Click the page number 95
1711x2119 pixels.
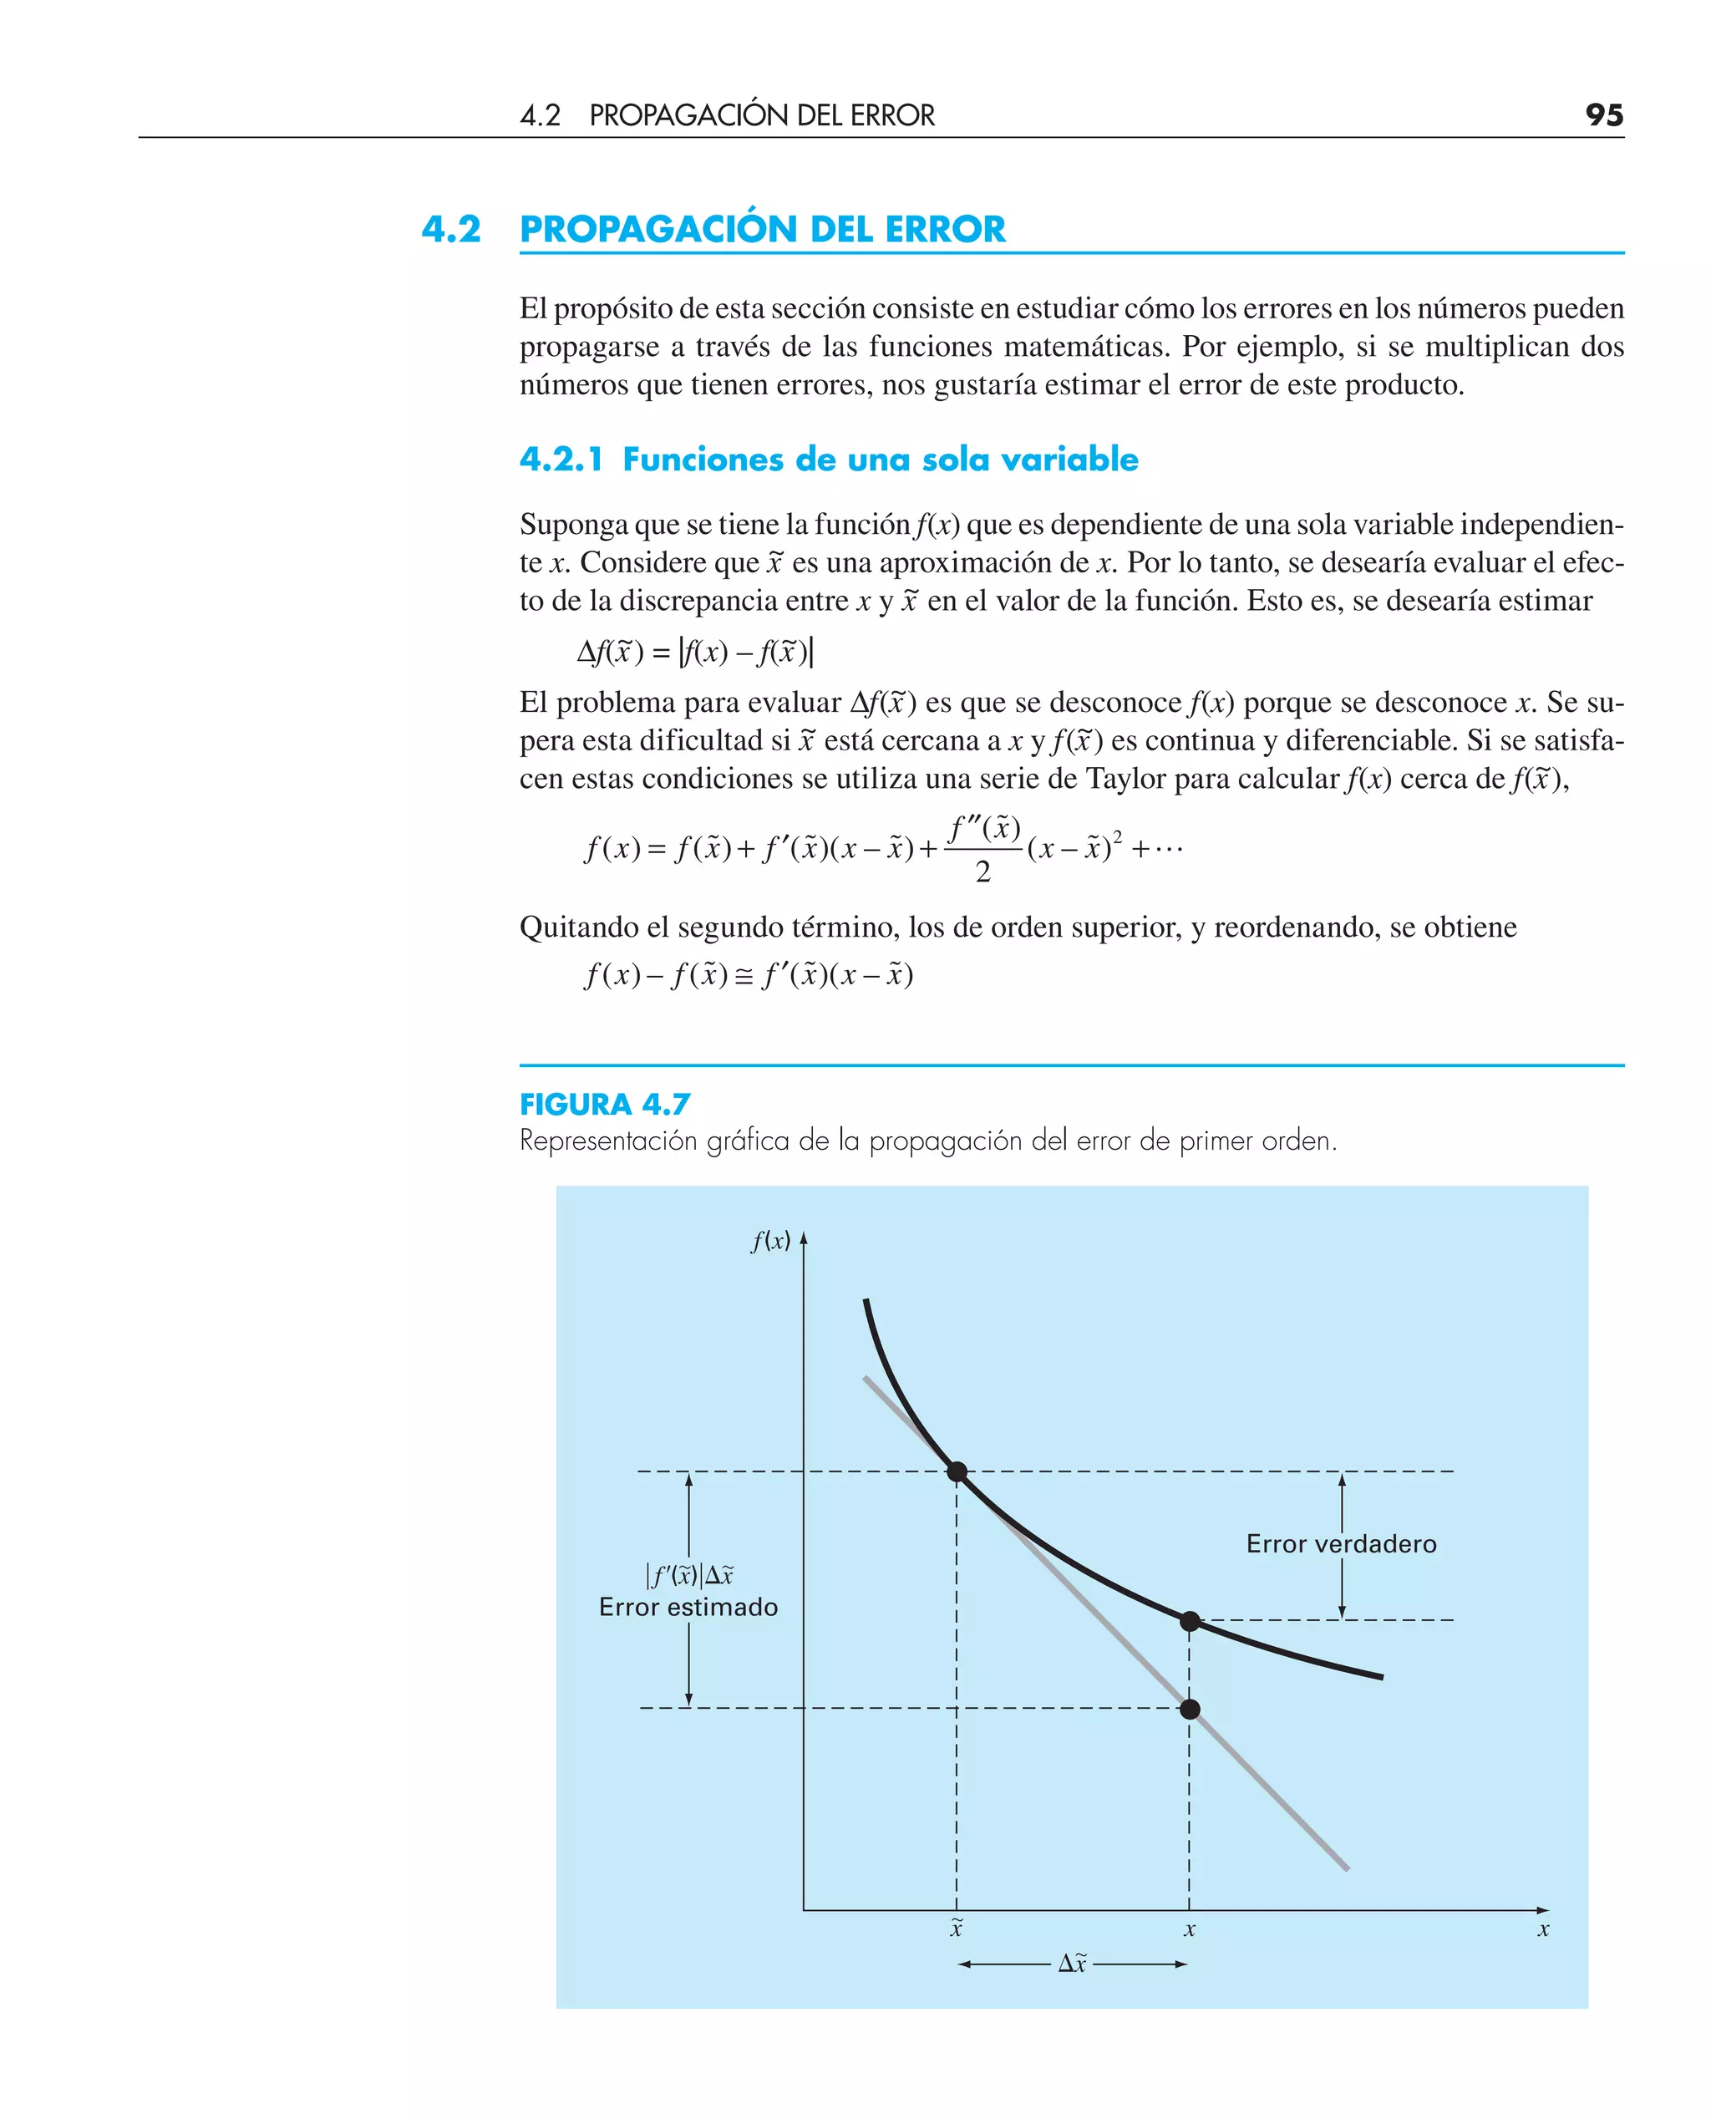pos(1603,115)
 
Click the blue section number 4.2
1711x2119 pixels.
pos(451,230)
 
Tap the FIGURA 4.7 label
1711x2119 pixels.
pos(604,1104)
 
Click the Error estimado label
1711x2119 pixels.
pos(688,1608)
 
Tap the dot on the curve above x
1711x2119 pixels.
pos(1190,1621)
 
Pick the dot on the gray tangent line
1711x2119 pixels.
pos(1190,1709)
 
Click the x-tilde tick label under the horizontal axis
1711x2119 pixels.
pos(956,1928)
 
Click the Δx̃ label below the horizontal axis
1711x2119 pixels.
pos(1073,1964)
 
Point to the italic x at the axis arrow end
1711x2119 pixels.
pos(1543,1930)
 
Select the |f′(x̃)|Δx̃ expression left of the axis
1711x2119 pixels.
pos(689,1575)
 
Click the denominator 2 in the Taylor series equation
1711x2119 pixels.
pos(982,871)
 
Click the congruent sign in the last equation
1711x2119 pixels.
pos(744,977)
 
